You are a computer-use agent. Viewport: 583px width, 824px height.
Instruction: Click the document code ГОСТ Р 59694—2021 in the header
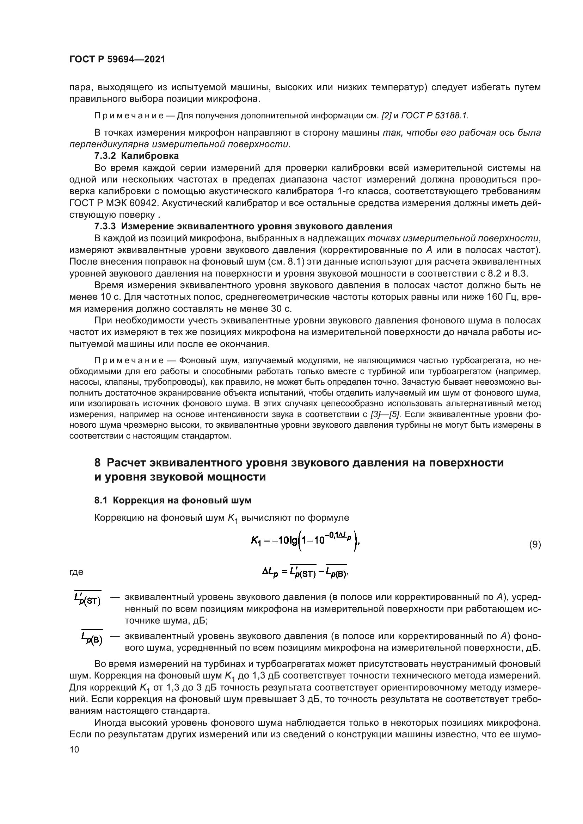(117, 60)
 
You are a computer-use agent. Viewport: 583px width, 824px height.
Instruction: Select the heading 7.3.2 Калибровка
(136, 156)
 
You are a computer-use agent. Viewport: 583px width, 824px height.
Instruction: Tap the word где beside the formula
(76, 572)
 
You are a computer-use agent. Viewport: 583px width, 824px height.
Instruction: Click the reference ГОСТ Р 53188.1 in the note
(434, 116)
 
